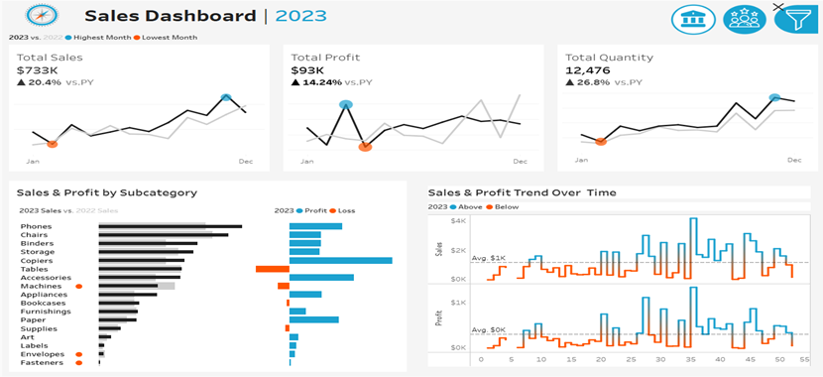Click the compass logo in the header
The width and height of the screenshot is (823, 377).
click(x=41, y=16)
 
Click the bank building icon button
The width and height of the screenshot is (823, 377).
click(x=692, y=18)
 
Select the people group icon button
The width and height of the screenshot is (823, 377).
click(x=743, y=18)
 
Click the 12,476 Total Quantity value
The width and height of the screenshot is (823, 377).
click(x=586, y=70)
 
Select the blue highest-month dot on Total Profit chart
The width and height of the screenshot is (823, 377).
click(x=345, y=104)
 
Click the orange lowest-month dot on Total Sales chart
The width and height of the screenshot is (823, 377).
click(x=52, y=144)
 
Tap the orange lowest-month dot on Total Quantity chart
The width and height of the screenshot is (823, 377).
click(x=601, y=142)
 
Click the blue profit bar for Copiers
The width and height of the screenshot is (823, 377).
click(x=340, y=260)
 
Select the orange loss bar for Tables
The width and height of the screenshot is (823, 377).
click(x=272, y=269)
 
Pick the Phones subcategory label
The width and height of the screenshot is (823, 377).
click(x=36, y=226)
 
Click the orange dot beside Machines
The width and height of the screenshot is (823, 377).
click(x=78, y=286)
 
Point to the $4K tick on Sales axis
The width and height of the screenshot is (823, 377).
click(x=457, y=221)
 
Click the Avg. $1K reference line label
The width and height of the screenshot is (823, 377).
click(x=489, y=258)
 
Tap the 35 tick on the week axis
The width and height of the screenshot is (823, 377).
click(x=690, y=359)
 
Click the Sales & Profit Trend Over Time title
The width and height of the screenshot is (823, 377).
click(x=522, y=192)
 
